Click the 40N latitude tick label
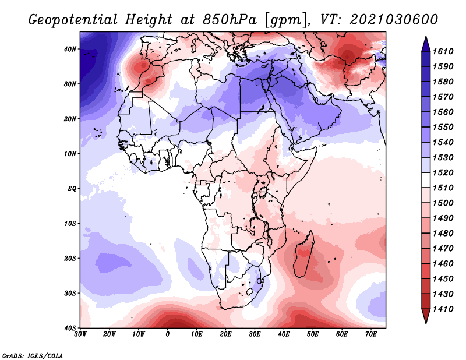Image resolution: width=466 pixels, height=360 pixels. pyautogui.click(x=70, y=49)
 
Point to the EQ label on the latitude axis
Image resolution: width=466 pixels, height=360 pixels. pyautogui.click(x=72, y=189)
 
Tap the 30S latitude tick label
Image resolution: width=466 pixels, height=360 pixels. pyautogui.click(x=70, y=294)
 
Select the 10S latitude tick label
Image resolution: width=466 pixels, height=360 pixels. pyautogui.click(x=70, y=224)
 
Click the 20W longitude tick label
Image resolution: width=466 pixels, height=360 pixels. pyautogui.click(x=110, y=334)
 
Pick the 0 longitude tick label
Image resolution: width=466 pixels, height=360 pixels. pyautogui.click(x=168, y=334)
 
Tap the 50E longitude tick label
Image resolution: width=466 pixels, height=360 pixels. pyautogui.click(x=313, y=334)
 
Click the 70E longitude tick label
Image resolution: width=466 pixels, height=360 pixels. pyautogui.click(x=371, y=334)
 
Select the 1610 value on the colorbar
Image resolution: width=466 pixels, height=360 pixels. pyautogui.click(x=443, y=51)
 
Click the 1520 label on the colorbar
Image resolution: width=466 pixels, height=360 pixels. pyautogui.click(x=443, y=172)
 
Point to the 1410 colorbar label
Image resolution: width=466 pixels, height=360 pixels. pyautogui.click(x=443, y=309)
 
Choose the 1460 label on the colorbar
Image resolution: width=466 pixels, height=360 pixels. pyautogui.click(x=443, y=264)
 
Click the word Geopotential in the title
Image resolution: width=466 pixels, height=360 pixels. pyautogui.click(x=73, y=20)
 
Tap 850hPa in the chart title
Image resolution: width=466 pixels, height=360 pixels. pyautogui.click(x=230, y=20)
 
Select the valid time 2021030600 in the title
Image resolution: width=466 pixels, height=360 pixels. pyautogui.click(x=394, y=20)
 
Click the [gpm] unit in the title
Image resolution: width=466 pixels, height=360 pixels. pyautogui.click(x=285, y=20)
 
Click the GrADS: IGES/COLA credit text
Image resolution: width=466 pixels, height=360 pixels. pyautogui.click(x=33, y=356)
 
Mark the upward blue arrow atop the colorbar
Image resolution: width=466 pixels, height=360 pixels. pyautogui.click(x=426, y=44)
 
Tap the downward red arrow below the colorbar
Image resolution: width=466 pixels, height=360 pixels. pyautogui.click(x=426, y=316)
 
